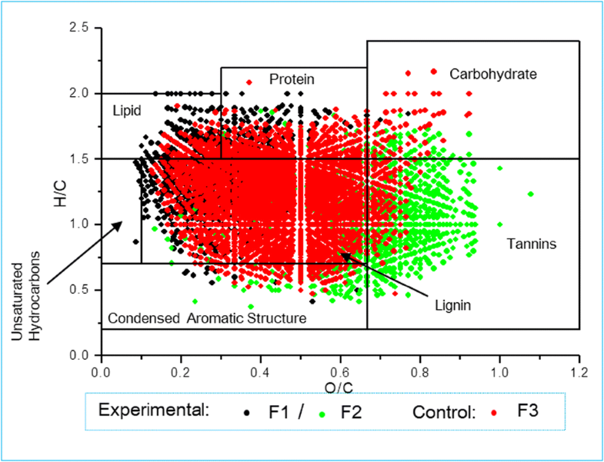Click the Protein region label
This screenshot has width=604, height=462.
[x=292, y=79]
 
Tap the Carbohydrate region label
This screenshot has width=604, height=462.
[x=492, y=75]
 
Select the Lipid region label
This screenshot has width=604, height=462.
[x=127, y=110]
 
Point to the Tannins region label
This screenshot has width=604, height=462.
[x=531, y=244]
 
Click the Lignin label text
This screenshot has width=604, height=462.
[x=452, y=305]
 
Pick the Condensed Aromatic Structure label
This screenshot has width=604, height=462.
[x=207, y=318]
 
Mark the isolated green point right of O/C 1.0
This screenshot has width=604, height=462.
[x=531, y=194]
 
